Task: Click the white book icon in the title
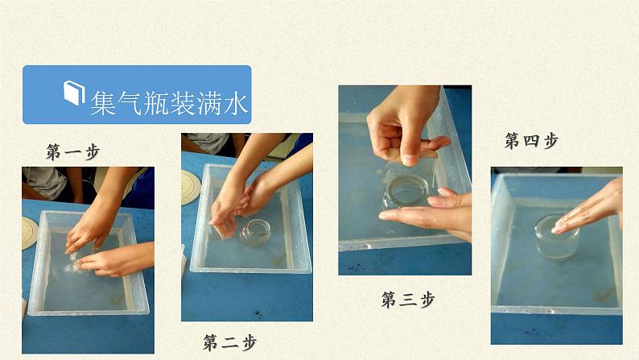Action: tap(74, 93)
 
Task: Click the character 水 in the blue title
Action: tap(235, 103)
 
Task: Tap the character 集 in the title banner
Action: tap(104, 103)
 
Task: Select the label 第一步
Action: tap(73, 151)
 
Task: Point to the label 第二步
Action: tap(230, 342)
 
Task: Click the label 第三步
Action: tap(408, 300)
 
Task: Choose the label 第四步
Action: tap(531, 141)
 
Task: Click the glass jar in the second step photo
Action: tap(255, 233)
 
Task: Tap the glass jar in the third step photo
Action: tap(407, 192)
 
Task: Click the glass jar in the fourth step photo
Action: tap(557, 238)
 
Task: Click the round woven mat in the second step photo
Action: tap(190, 187)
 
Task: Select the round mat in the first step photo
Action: tap(29, 233)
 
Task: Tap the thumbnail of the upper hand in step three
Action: tap(409, 159)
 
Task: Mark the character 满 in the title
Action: tap(208, 103)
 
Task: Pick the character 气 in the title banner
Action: tap(130, 103)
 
